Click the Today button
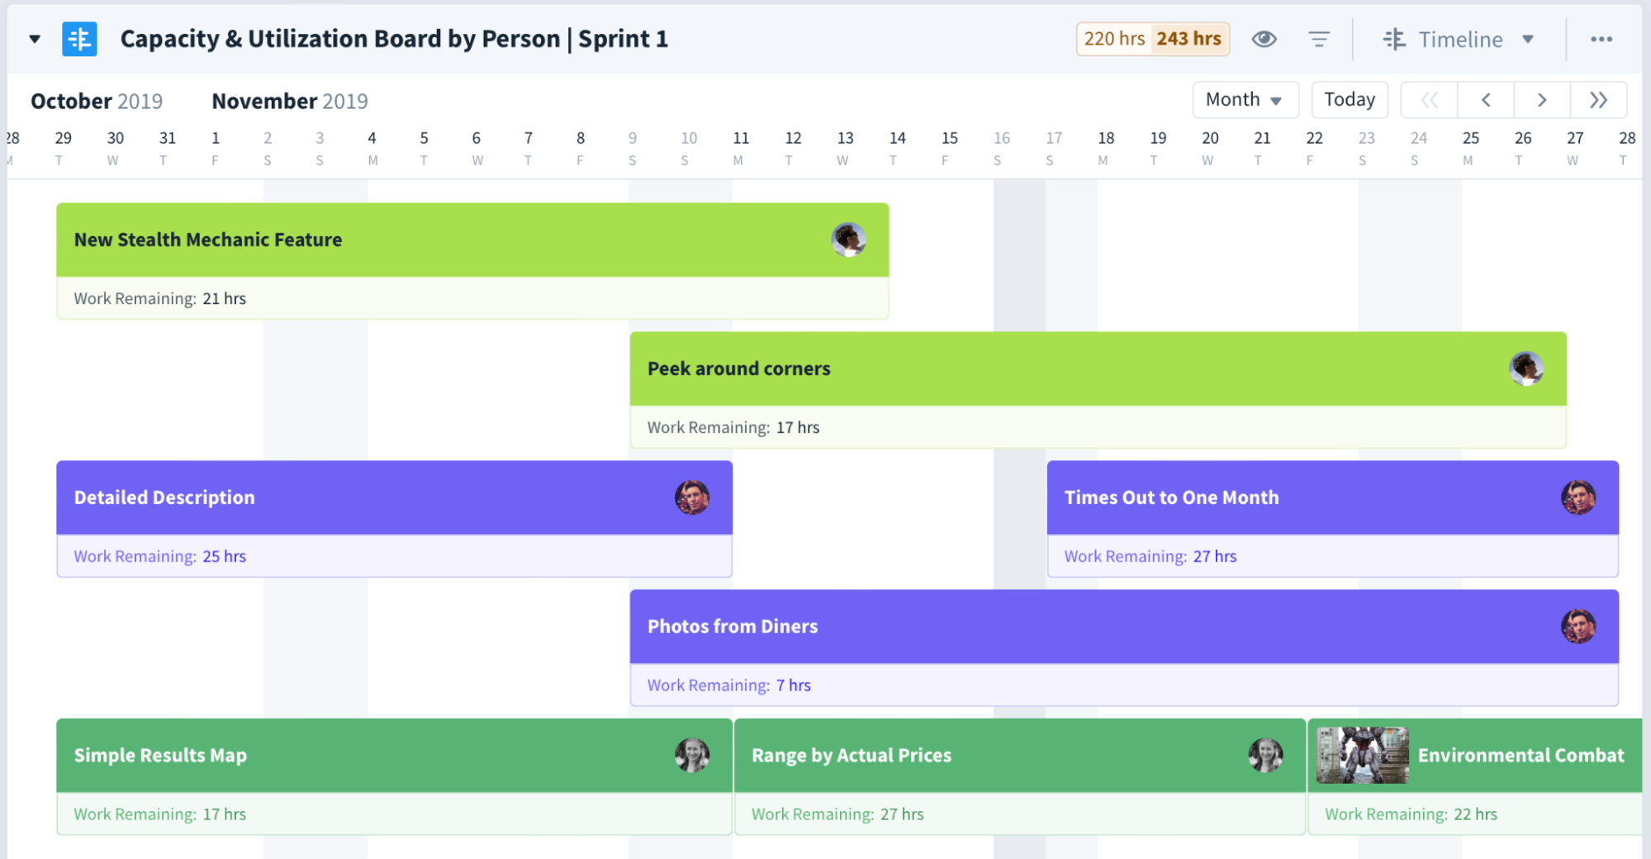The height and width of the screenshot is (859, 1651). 1349,100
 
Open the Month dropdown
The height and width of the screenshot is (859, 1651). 1245,100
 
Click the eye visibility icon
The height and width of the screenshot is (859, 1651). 1264,39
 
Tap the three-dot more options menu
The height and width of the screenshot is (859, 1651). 1601,39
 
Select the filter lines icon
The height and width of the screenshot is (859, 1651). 1319,39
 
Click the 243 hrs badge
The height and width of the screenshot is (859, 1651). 1188,39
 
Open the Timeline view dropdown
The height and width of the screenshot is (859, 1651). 1459,39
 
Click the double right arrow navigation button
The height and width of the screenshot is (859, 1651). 1598,100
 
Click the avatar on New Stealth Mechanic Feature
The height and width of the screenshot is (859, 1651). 848,240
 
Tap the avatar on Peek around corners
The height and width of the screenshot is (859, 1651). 1525,368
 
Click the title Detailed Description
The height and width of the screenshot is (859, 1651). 164,497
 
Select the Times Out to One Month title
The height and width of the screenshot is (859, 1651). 1171,497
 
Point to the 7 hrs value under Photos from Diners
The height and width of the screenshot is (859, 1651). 793,685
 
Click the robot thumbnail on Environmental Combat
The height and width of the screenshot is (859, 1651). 1362,755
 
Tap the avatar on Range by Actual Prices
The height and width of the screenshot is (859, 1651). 1264,755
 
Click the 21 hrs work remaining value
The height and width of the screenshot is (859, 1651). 224,298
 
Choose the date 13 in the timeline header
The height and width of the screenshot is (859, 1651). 845,138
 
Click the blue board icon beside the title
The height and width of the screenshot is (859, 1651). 79,39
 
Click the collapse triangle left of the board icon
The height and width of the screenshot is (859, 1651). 35,39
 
